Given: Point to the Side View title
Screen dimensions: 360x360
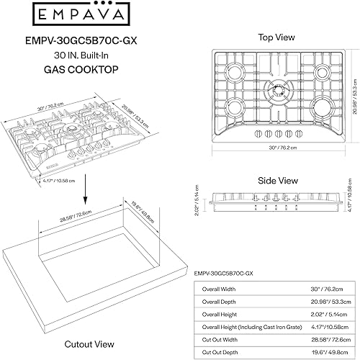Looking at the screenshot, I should tap(278, 181).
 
